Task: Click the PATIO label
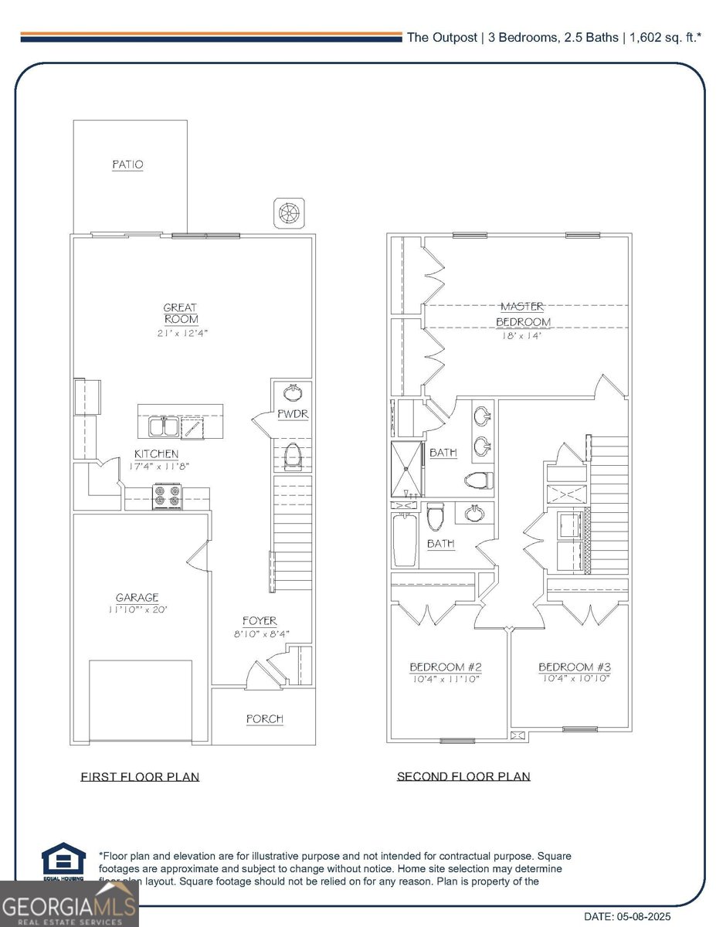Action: click(127, 165)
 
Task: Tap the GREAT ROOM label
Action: click(180, 314)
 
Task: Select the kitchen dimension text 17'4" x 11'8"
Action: click(156, 467)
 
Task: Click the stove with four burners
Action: click(168, 495)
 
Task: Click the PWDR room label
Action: click(293, 415)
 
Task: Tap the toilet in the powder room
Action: click(292, 457)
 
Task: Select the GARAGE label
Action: click(137, 597)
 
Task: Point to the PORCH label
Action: click(264, 719)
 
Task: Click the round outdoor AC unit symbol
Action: click(289, 212)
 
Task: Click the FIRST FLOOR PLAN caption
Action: click(140, 776)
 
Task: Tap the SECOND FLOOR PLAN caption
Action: click(463, 776)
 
